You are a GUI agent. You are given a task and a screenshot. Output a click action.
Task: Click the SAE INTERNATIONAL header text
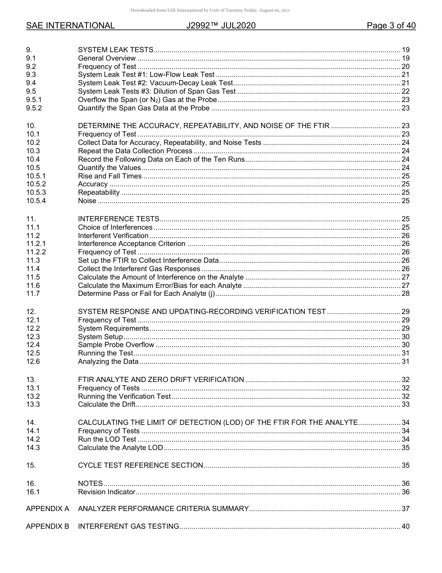click(70, 26)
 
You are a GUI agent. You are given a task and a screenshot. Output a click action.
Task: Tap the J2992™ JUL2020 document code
click(221, 26)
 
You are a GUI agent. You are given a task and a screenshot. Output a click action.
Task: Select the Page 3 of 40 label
click(391, 26)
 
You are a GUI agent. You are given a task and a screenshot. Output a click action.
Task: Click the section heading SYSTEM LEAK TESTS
click(115, 50)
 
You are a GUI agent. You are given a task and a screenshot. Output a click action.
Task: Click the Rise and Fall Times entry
click(110, 176)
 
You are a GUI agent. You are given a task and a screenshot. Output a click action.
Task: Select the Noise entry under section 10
click(87, 201)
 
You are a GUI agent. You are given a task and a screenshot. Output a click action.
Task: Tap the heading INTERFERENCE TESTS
click(119, 219)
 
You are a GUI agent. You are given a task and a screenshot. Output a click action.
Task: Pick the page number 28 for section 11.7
click(405, 293)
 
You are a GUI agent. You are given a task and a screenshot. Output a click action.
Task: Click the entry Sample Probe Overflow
click(116, 345)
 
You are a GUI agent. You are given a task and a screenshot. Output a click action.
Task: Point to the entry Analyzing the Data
click(108, 362)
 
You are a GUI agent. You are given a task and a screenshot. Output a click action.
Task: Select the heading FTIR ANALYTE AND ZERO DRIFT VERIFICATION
click(161, 380)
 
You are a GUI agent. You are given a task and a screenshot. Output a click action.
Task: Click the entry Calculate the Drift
click(107, 404)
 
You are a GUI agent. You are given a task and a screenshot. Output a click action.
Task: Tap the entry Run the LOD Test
click(107, 439)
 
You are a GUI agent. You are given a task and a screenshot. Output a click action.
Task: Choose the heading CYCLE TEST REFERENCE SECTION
click(141, 465)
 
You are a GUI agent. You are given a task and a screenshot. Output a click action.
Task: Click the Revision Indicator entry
click(107, 492)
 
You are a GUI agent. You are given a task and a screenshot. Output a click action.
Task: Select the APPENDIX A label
click(47, 508)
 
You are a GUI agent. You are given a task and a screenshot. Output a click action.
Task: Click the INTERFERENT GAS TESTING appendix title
click(128, 526)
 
